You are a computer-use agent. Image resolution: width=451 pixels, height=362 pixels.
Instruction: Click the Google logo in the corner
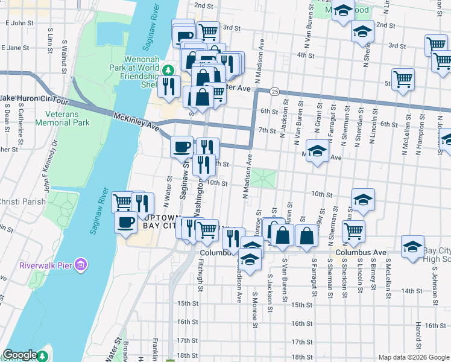pos(20,355)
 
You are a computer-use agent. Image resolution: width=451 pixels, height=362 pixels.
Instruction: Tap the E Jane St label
pos(17,47)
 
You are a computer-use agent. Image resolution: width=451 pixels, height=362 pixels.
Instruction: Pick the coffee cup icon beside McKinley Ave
pos(181,146)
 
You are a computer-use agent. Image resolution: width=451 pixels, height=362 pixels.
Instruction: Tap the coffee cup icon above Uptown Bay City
pos(125,222)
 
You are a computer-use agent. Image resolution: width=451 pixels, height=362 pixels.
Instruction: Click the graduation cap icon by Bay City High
pos(413,247)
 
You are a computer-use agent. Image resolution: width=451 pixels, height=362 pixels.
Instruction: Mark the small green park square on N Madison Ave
pos(263,179)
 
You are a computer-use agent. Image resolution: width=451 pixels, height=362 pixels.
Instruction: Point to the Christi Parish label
pos(22,202)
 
